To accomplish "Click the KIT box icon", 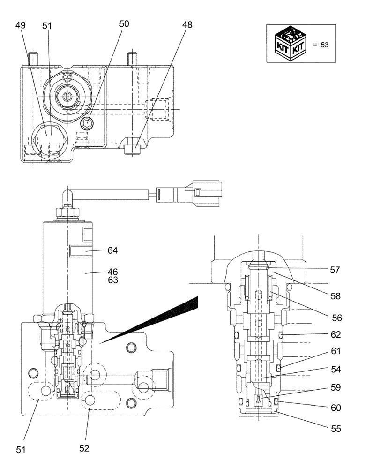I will (x=290, y=44).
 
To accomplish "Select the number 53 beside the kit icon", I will (x=325, y=45).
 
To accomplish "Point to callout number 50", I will (x=123, y=23).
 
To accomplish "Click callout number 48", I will (x=186, y=25).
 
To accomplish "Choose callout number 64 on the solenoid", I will (x=112, y=250).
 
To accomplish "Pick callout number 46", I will (x=112, y=272).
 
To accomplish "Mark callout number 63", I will (x=112, y=280).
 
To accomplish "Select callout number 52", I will (x=84, y=448).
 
